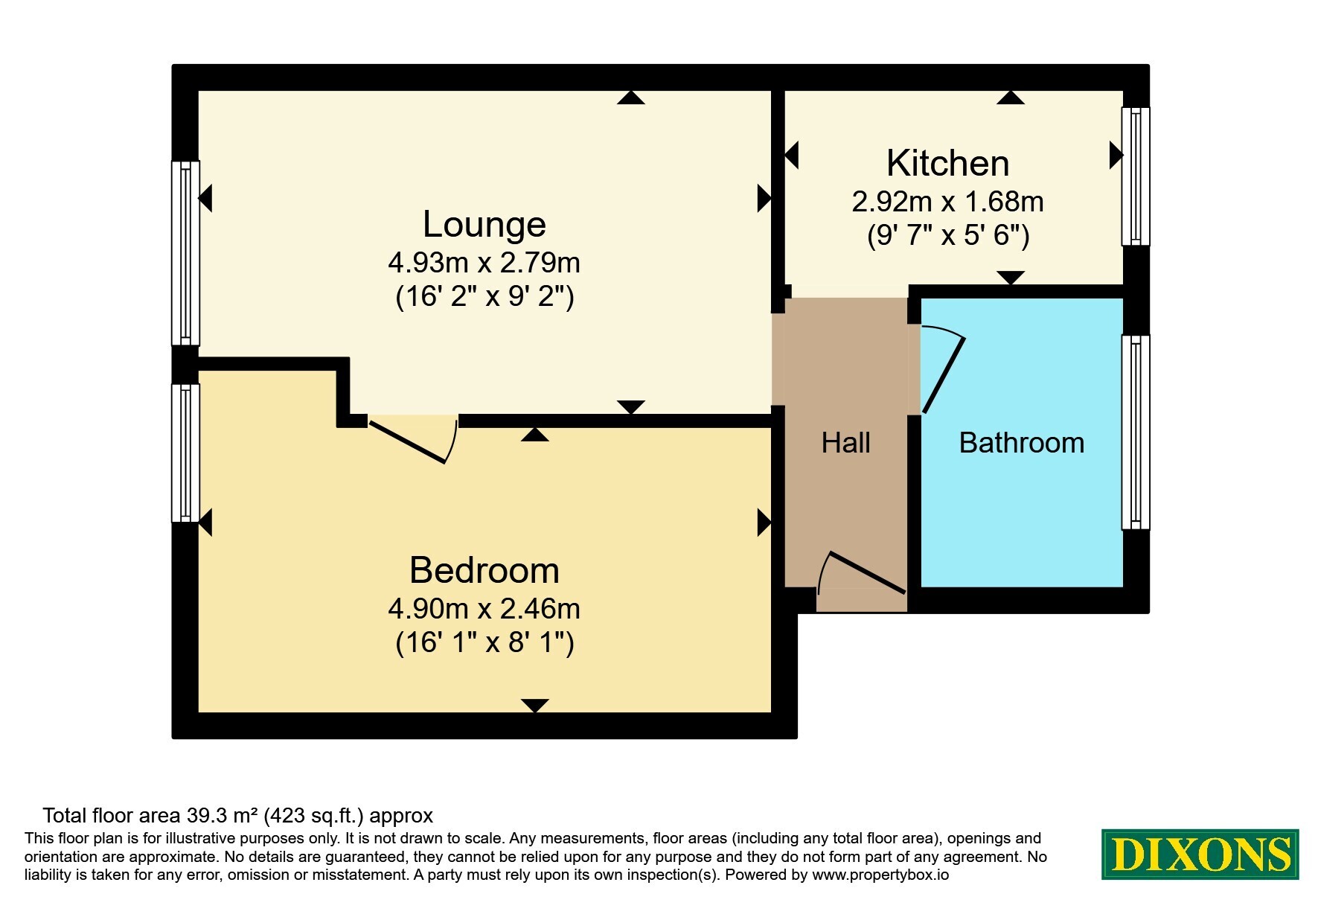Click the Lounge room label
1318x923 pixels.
(484, 224)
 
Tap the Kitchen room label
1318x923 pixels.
(947, 163)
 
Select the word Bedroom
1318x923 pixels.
(484, 570)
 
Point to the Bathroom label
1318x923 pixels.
(1021, 443)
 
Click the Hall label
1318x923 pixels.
(845, 443)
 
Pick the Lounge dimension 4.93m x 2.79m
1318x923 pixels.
(484, 263)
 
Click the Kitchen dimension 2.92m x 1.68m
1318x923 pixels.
(947, 202)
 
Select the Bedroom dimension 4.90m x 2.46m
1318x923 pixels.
(484, 609)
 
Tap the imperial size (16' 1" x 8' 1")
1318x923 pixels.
(484, 642)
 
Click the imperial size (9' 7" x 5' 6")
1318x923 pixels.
(948, 235)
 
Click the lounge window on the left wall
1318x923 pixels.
(186, 253)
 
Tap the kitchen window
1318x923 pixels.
(1135, 176)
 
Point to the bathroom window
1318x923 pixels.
(1135, 432)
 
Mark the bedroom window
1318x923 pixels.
(186, 453)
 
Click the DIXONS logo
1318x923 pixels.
(1200, 855)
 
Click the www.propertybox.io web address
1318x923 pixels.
(880, 875)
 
